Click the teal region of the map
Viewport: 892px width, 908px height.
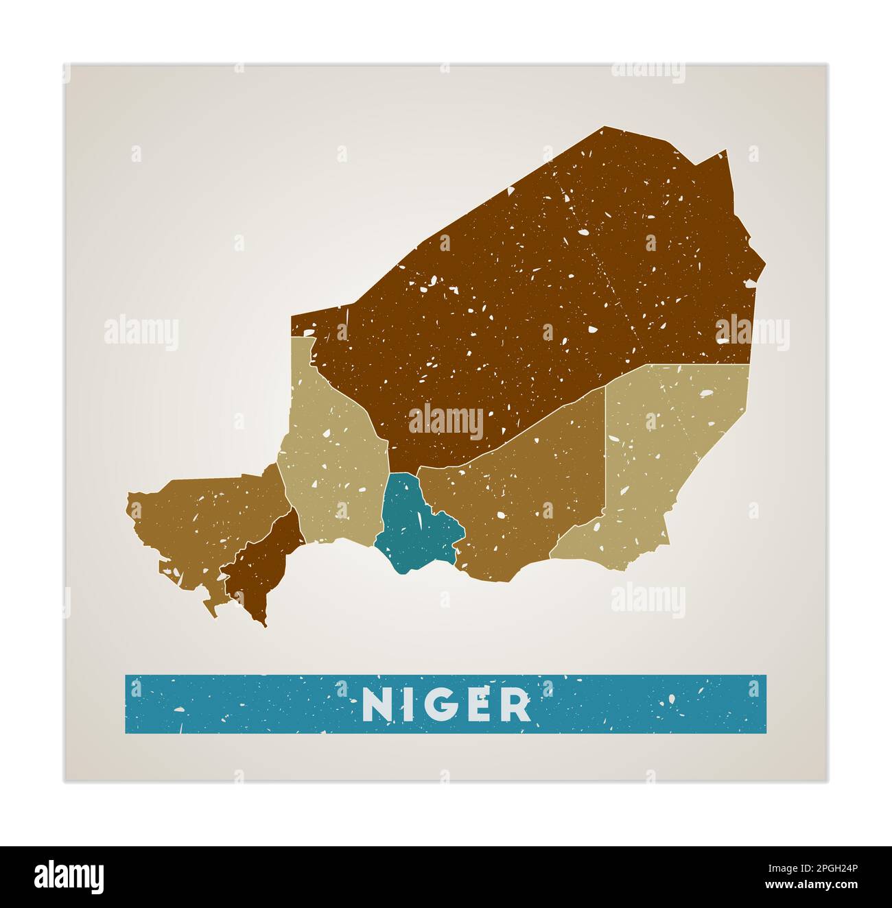[412, 528]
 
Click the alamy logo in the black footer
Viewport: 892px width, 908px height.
[69, 876]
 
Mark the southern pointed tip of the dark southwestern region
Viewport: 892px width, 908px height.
[265, 625]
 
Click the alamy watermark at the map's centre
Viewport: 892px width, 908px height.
[446, 421]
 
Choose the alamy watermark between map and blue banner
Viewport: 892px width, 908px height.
[648, 601]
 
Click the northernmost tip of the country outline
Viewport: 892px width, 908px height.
[605, 127]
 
